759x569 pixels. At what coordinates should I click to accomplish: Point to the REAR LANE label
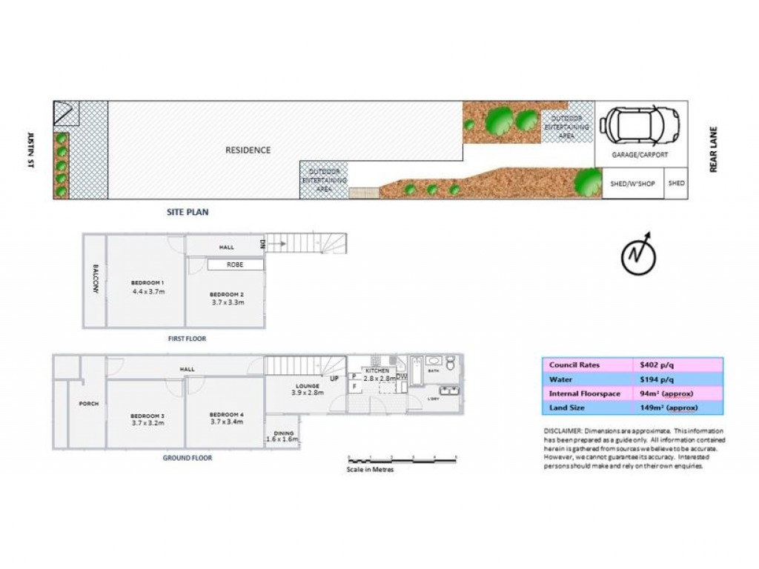pyautogui.click(x=715, y=150)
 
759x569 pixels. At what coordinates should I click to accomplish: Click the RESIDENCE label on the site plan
pyautogui.click(x=248, y=150)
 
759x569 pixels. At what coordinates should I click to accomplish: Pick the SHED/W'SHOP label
pyautogui.click(x=632, y=184)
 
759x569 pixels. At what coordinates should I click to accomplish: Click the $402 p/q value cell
pyautogui.click(x=657, y=365)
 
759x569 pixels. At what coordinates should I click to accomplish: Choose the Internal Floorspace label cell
pyautogui.click(x=585, y=393)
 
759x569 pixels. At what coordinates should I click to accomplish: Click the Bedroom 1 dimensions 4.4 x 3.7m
pyautogui.click(x=148, y=292)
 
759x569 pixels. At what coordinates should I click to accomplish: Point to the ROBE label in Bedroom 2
pyautogui.click(x=235, y=264)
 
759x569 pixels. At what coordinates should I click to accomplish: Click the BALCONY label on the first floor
pyautogui.click(x=95, y=279)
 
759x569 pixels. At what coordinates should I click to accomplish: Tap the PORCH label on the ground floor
pyautogui.click(x=88, y=404)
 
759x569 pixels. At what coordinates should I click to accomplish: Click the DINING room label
pyautogui.click(x=284, y=433)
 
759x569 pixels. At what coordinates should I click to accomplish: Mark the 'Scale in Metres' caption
pyautogui.click(x=371, y=470)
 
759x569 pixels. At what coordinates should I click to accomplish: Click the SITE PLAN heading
pyautogui.click(x=187, y=212)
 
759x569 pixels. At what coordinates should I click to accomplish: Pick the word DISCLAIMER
pyautogui.click(x=563, y=430)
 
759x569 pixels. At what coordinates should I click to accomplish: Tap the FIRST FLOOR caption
pyautogui.click(x=186, y=339)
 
